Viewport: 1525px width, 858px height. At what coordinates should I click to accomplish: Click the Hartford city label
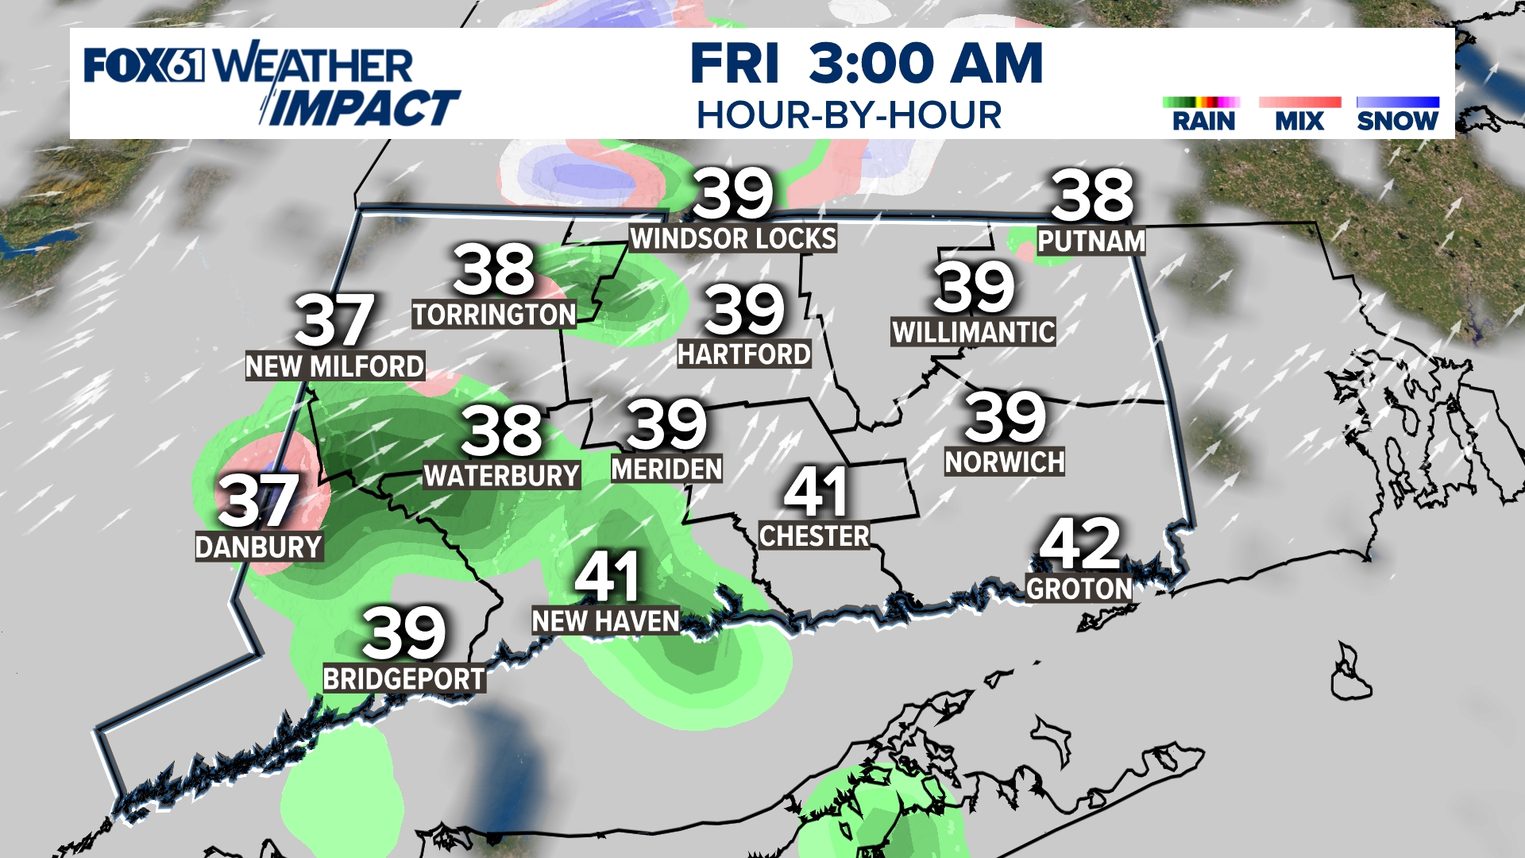pos(743,354)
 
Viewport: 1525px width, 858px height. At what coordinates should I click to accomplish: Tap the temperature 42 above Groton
pos(1079,545)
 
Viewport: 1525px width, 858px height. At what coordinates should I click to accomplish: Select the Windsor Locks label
pos(733,238)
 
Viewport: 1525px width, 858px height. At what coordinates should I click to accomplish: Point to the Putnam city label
pos(1091,242)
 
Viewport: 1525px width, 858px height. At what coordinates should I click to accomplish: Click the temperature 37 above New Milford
pos(334,320)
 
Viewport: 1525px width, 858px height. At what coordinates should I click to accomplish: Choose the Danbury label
pos(258,547)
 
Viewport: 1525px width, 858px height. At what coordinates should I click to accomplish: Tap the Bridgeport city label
pos(403,679)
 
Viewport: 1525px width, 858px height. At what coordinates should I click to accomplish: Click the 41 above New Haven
pos(607,578)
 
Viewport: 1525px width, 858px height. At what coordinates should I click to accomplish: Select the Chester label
pos(814,536)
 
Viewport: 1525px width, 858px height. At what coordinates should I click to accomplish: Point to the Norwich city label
pos(1004,462)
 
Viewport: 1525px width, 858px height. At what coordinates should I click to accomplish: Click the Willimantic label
pos(974,332)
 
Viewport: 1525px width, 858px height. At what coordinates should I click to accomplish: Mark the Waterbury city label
pos(501,476)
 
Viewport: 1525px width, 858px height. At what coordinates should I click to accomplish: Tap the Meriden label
pos(666,470)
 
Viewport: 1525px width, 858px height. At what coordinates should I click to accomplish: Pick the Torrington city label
pos(494,315)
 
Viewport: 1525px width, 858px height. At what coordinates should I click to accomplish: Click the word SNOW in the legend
pos(1397,122)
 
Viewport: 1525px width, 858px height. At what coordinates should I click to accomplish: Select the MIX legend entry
pos(1299,122)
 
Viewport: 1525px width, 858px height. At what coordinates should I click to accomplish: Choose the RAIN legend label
pos(1203,122)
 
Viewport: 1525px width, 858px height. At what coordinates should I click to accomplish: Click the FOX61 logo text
pos(144,65)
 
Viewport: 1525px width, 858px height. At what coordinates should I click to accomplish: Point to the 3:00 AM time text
pos(925,64)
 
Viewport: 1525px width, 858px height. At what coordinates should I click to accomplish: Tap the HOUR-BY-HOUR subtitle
pos(849,116)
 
